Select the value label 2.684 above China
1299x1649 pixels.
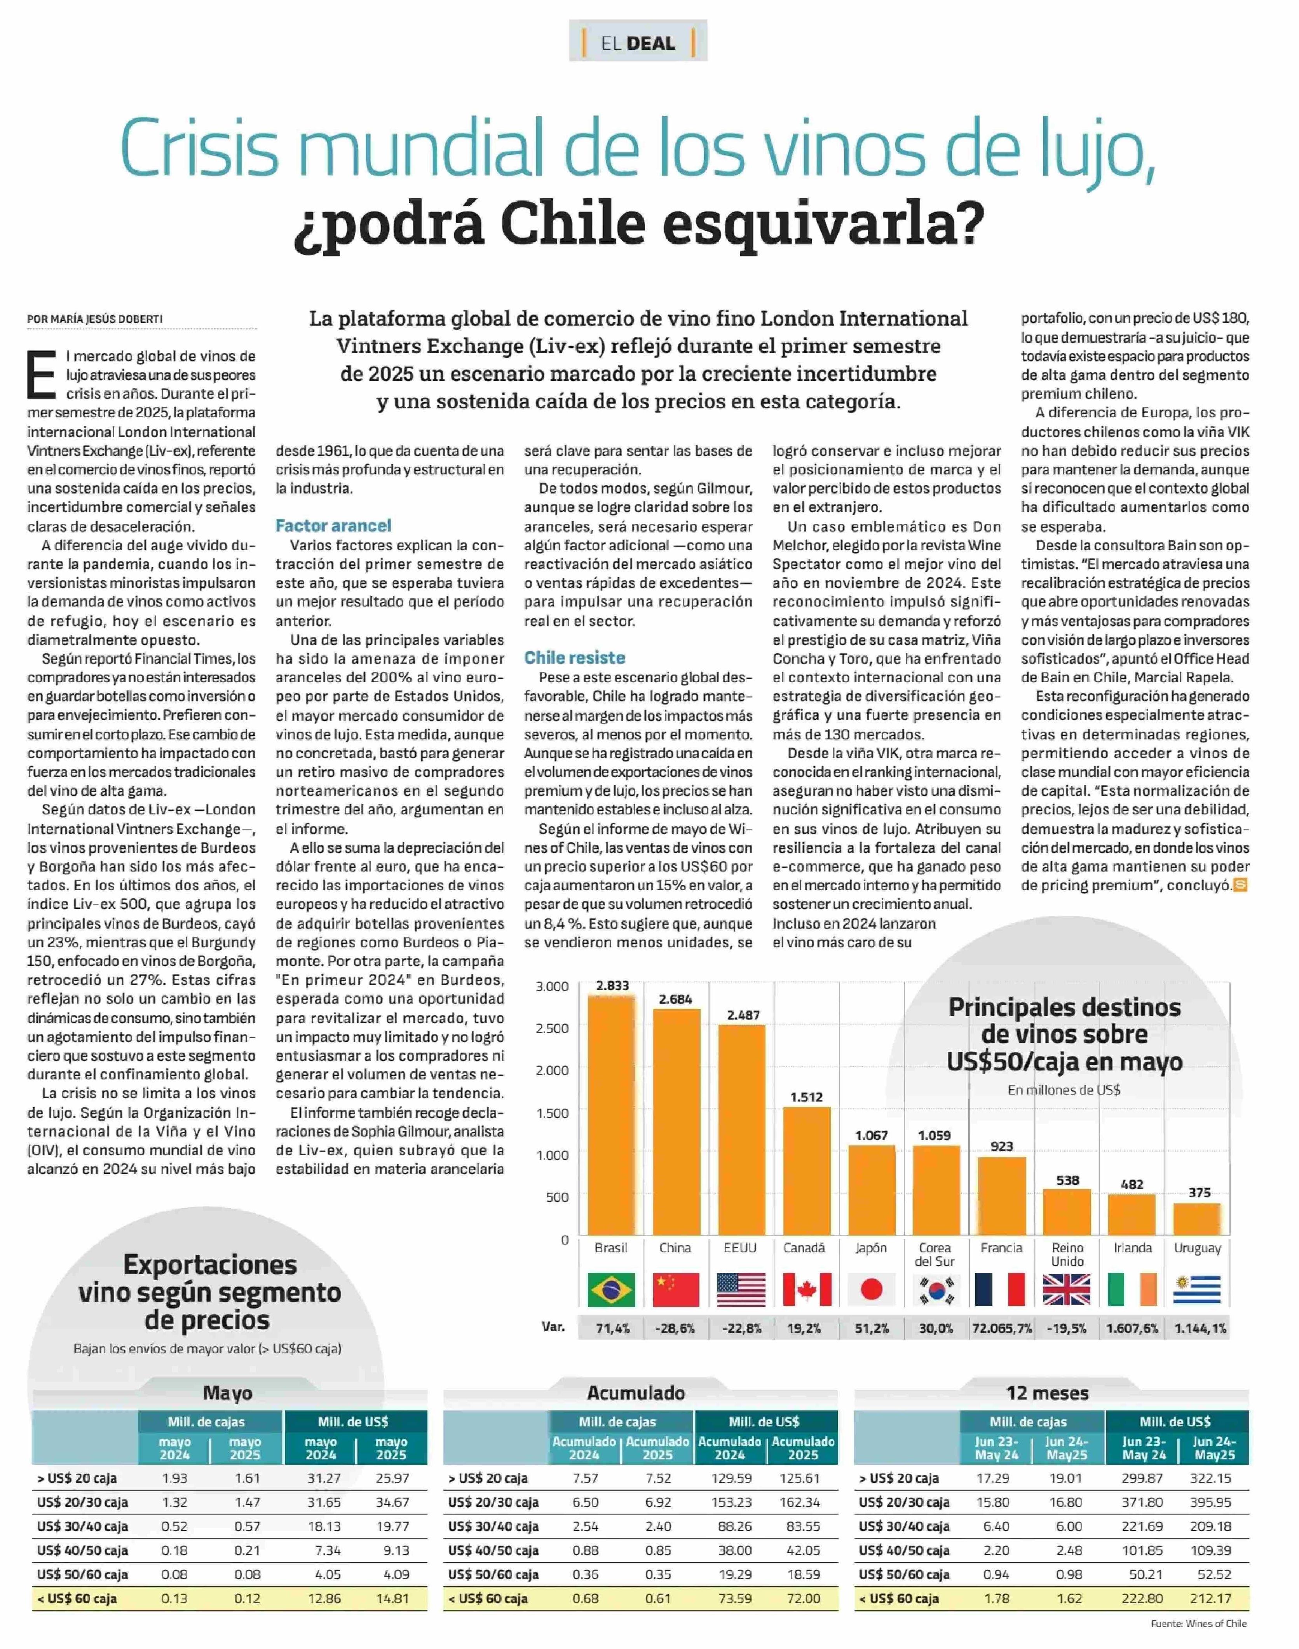tap(675, 999)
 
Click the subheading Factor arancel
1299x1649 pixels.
tap(333, 526)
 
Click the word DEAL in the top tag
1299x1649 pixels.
tap(652, 44)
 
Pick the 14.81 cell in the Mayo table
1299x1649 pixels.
tap(392, 1599)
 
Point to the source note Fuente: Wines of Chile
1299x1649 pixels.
tap(1199, 1624)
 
